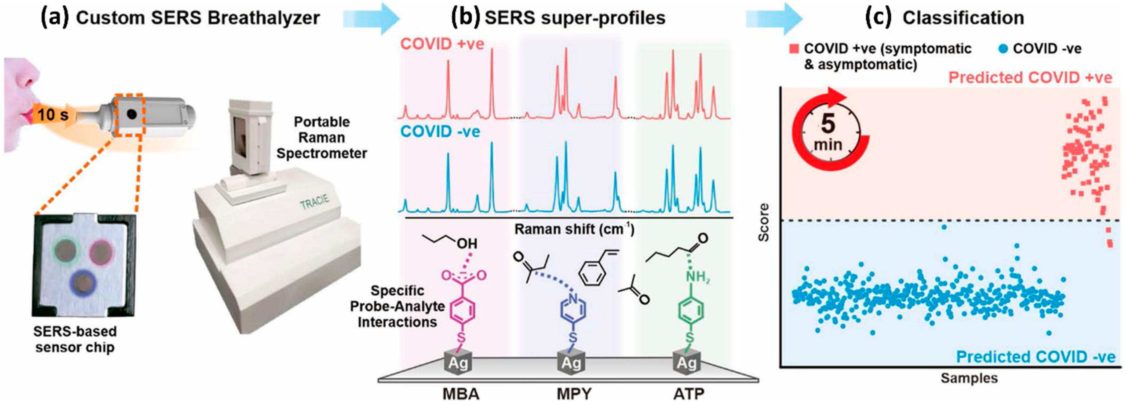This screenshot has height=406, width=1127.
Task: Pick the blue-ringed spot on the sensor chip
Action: coord(83,284)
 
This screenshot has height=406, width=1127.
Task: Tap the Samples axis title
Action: coord(969,378)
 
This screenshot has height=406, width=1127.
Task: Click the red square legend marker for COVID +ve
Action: coord(794,49)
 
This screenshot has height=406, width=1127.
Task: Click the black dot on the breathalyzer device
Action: coord(131,115)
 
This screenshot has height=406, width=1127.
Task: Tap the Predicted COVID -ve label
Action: coord(1035,357)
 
